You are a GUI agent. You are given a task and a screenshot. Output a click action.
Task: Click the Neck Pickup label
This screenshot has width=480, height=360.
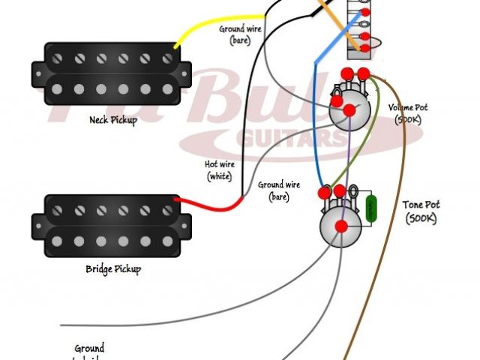(x=114, y=119)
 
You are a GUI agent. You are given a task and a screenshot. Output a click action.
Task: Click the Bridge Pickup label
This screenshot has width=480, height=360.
(x=113, y=268)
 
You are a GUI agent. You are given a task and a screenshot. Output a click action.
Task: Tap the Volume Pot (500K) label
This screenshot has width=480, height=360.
(x=409, y=112)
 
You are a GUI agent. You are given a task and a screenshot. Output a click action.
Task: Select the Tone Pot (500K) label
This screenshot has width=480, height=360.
(x=421, y=211)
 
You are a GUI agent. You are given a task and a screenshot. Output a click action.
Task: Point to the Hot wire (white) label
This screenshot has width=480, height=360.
(x=219, y=170)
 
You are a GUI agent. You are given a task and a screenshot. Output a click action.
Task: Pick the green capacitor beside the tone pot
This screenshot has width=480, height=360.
(x=370, y=210)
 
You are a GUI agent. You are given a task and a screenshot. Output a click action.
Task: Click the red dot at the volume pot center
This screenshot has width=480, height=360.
(x=349, y=110)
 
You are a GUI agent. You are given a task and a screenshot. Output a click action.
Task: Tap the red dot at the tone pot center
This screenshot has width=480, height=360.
(x=341, y=226)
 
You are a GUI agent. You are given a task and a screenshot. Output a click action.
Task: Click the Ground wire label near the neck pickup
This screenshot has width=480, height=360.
(x=239, y=34)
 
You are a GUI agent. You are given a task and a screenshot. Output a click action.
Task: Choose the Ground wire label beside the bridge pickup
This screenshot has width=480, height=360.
(x=278, y=189)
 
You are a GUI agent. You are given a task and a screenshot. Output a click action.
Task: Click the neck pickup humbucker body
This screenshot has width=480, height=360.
(x=106, y=73)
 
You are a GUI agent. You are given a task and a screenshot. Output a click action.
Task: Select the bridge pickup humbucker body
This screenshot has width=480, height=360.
(x=106, y=225)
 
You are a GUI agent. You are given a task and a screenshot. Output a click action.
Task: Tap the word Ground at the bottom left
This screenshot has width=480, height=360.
(x=89, y=349)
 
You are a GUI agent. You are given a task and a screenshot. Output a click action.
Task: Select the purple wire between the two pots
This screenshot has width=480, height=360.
(x=347, y=161)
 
